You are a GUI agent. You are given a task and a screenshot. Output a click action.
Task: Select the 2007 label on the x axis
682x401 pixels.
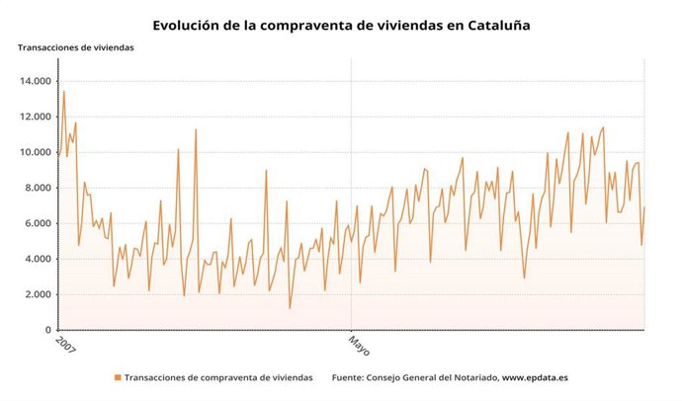click(64, 345)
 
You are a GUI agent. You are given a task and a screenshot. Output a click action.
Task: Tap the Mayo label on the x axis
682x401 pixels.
click(358, 345)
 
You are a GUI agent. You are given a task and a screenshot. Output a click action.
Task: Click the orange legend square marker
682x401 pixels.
click(118, 377)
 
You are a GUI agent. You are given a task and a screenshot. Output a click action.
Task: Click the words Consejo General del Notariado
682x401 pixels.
click(432, 377)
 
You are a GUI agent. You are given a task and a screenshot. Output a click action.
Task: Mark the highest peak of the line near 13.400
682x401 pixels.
click(64, 92)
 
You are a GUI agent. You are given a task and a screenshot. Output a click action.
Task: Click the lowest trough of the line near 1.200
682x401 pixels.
click(290, 308)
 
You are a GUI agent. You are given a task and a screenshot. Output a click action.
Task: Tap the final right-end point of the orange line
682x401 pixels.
click(644, 207)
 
